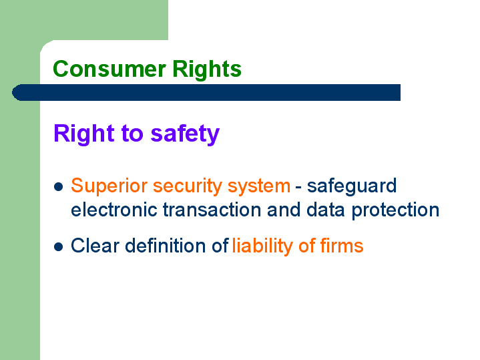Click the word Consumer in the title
pyautogui.click(x=109, y=69)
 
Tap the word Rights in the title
pyautogui.click(x=207, y=69)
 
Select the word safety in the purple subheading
pyautogui.click(x=185, y=134)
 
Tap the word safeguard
pyautogui.click(x=352, y=186)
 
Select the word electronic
pyautogui.click(x=114, y=210)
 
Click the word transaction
pyautogui.click(x=212, y=210)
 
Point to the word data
pyautogui.click(x=326, y=210)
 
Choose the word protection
pyautogui.click(x=395, y=210)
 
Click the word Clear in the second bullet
pyautogui.click(x=95, y=245)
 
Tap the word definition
pyautogui.click(x=166, y=245)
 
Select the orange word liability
pyautogui.click(x=262, y=246)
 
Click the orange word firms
pyautogui.click(x=342, y=245)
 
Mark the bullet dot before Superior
pyautogui.click(x=58, y=186)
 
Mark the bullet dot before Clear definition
pyautogui.click(x=58, y=246)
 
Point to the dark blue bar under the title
pyautogui.click(x=206, y=92)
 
